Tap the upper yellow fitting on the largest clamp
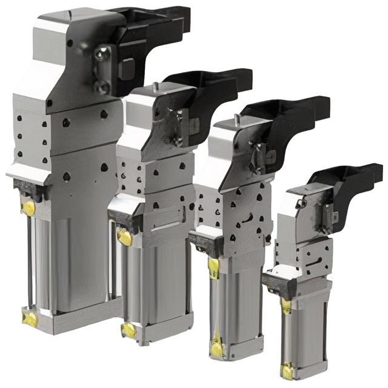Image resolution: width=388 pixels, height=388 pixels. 28,208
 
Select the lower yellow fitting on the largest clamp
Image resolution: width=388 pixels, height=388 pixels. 28,316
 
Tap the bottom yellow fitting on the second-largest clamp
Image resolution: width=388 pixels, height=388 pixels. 129,330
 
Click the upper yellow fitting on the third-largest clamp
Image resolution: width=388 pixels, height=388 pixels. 213,267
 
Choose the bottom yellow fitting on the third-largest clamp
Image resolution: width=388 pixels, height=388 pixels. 216,349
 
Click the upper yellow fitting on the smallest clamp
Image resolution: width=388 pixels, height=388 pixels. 286,305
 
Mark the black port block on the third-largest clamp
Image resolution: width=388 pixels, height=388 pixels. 206,242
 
